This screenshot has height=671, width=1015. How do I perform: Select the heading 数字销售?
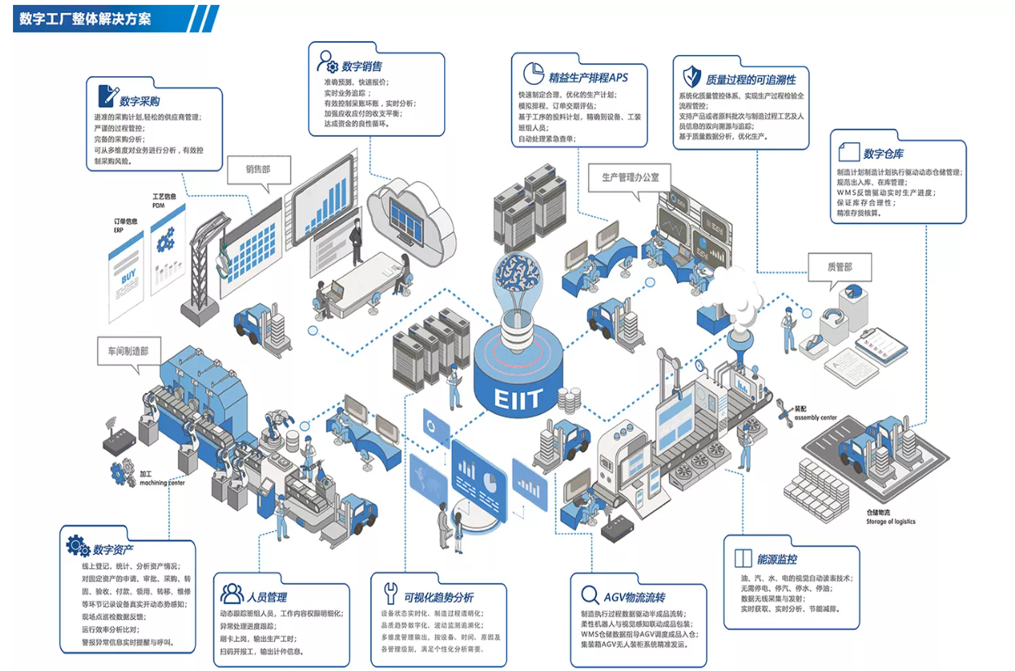click(362, 66)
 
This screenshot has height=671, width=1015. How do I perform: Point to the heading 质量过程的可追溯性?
click(751, 79)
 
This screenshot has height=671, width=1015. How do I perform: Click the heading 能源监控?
click(777, 559)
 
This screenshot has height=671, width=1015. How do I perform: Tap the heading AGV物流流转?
click(635, 597)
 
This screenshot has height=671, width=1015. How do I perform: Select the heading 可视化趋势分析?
click(438, 597)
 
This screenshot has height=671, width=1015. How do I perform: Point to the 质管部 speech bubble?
click(839, 267)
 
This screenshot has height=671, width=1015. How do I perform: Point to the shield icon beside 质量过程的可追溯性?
click(691, 77)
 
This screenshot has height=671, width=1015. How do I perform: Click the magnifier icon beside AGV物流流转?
click(590, 597)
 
